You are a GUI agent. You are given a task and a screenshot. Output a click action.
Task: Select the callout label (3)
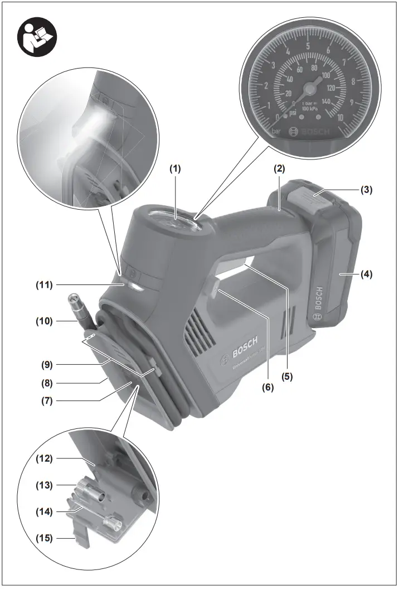pos(366,190)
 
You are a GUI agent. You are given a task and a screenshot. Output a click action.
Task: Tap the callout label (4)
pos(366,274)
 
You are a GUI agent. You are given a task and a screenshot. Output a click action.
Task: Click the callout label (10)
pos(44,321)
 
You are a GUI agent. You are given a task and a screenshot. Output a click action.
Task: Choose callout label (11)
pos(44,285)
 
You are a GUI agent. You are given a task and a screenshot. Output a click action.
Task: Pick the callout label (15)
pos(44,538)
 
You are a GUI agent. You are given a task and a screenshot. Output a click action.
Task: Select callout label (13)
pos(44,485)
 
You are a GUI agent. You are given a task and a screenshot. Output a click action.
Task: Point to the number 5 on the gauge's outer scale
pos(308,46)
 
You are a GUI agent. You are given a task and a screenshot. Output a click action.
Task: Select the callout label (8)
pos(44,383)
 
